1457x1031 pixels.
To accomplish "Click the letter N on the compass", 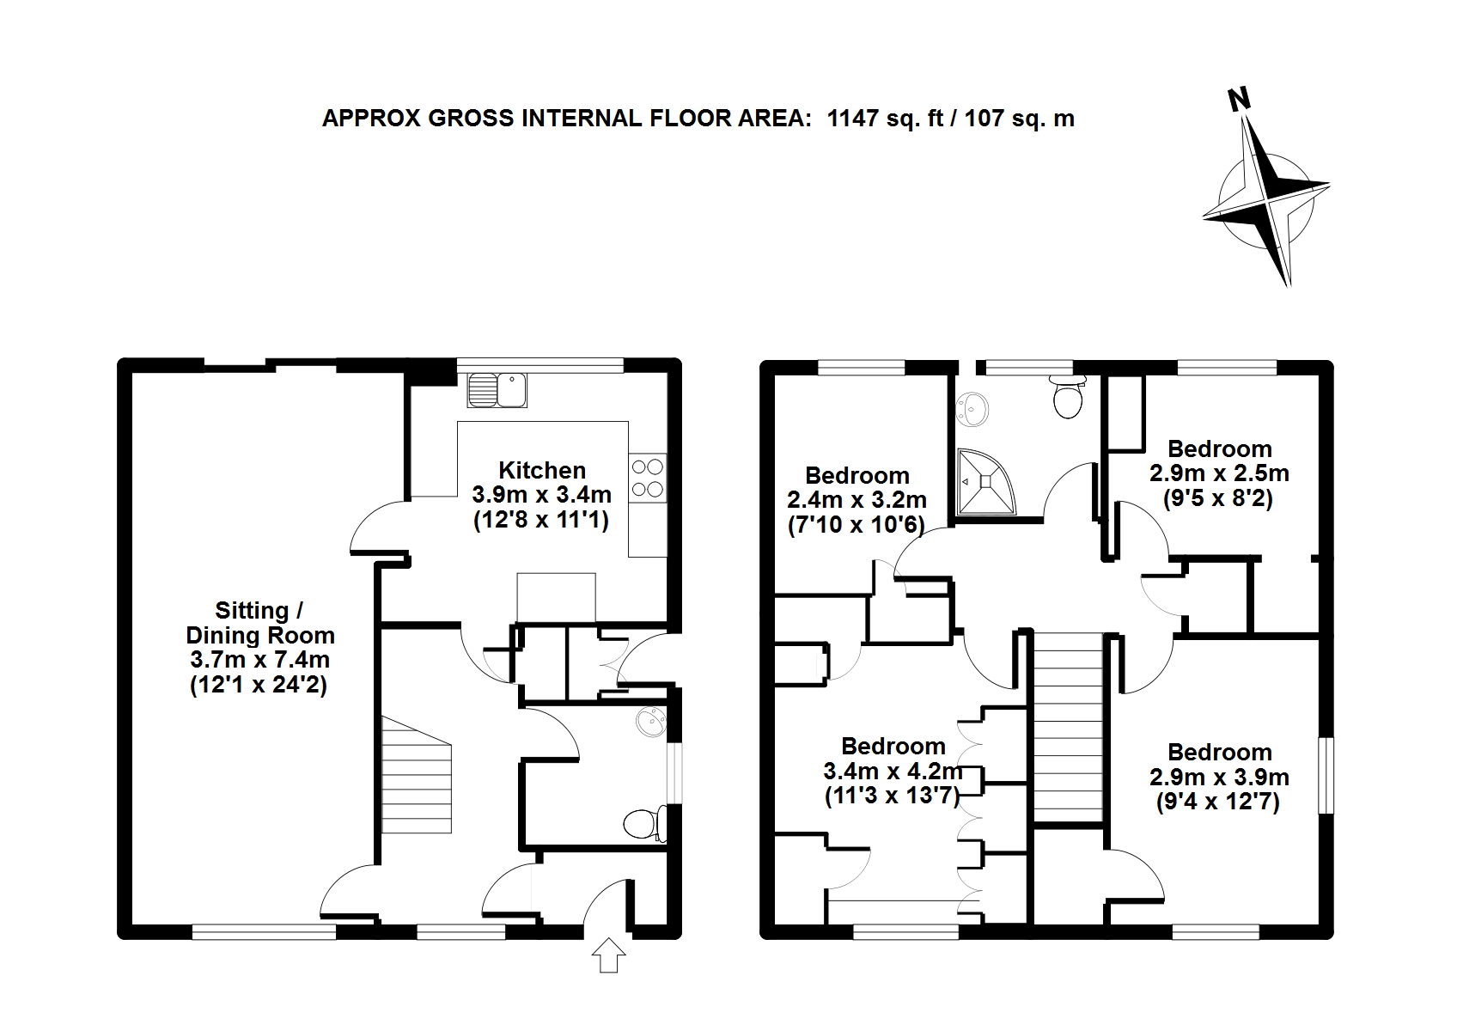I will (x=1238, y=100).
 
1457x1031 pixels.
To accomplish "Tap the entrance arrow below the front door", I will (x=608, y=955).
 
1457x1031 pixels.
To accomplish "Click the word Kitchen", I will (x=542, y=470).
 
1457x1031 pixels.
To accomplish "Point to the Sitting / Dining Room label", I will (x=259, y=623).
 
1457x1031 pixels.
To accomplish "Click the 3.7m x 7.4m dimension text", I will (x=259, y=661).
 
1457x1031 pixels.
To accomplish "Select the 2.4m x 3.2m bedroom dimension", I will (x=857, y=500).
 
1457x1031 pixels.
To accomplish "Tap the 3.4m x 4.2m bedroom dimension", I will (x=893, y=771).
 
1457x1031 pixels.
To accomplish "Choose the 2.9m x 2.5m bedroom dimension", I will (x=1219, y=473).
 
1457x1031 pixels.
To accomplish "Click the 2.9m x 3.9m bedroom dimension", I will (x=1219, y=778).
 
